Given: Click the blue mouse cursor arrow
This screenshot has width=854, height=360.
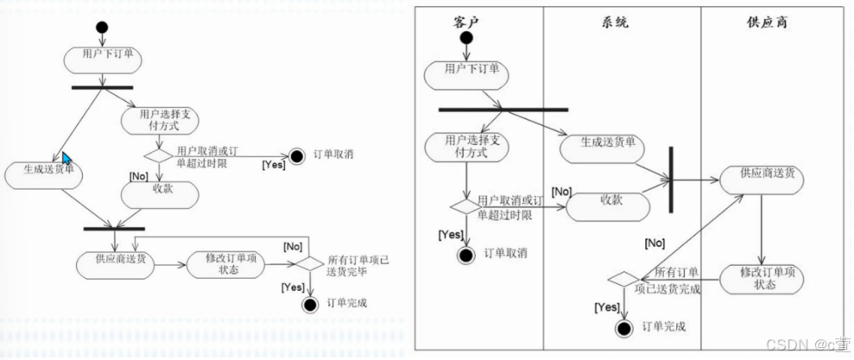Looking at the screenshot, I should click(x=66, y=159).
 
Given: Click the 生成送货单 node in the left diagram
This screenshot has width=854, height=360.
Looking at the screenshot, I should click(x=43, y=175).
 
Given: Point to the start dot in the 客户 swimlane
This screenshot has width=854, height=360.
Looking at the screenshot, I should click(x=466, y=39).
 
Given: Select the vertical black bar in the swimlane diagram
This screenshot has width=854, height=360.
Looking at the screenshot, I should click(x=670, y=180).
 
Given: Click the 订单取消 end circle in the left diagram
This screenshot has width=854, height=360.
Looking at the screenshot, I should click(x=298, y=155).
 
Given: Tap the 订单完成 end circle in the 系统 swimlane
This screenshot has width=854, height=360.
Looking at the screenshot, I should click(x=626, y=327).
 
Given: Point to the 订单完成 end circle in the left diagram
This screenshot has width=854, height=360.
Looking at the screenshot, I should click(x=310, y=304).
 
